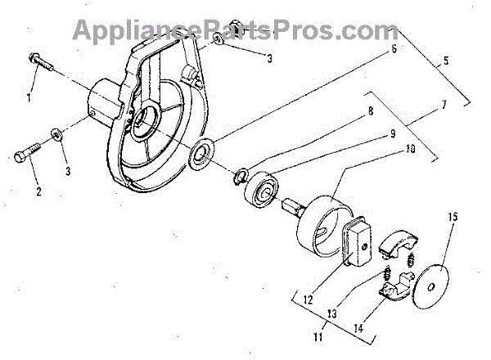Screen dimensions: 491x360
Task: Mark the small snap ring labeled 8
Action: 241,175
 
